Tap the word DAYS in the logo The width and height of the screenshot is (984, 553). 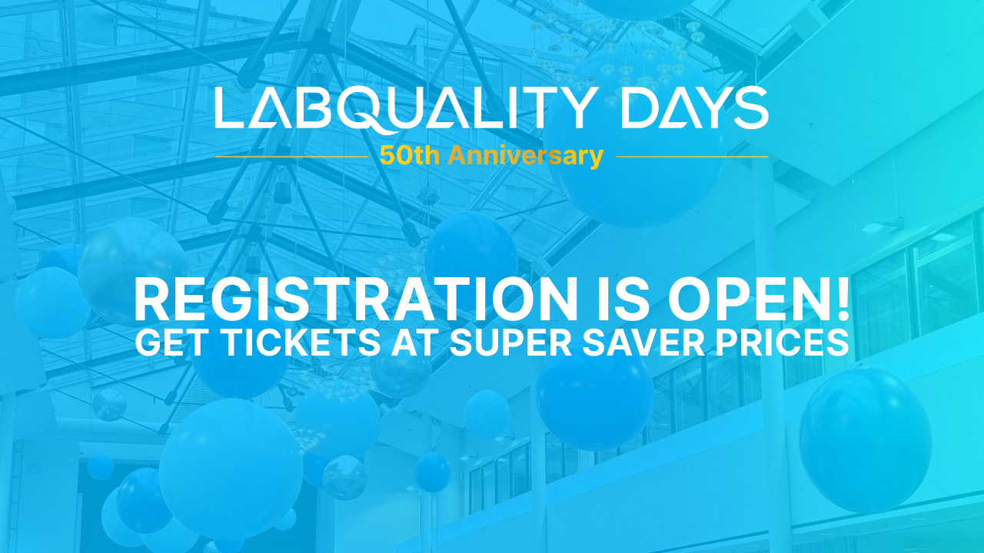[x=695, y=108]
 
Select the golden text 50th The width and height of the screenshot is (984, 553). [x=410, y=156]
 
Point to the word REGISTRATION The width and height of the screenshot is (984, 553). [x=355, y=300]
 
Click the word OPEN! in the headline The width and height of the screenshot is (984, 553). [x=759, y=300]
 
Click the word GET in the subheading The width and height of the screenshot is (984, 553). [x=174, y=343]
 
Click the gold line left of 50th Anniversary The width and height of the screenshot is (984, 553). [x=291, y=157]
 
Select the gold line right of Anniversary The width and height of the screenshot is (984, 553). [x=693, y=157]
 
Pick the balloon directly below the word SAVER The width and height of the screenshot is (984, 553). [x=595, y=402]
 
